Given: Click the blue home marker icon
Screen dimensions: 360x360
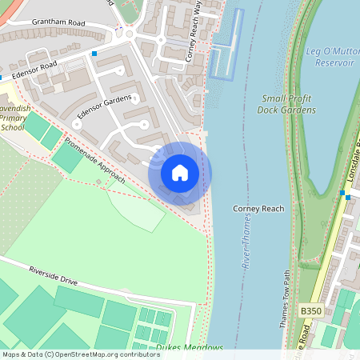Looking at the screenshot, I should [x=180, y=173].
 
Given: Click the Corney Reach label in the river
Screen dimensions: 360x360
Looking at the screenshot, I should [x=258, y=209].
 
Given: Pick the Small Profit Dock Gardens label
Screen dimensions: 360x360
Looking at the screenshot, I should [x=288, y=104].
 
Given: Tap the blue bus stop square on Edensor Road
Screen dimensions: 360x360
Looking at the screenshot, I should [x=94, y=54].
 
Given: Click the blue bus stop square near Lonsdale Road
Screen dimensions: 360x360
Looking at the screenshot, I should [x=342, y=193].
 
